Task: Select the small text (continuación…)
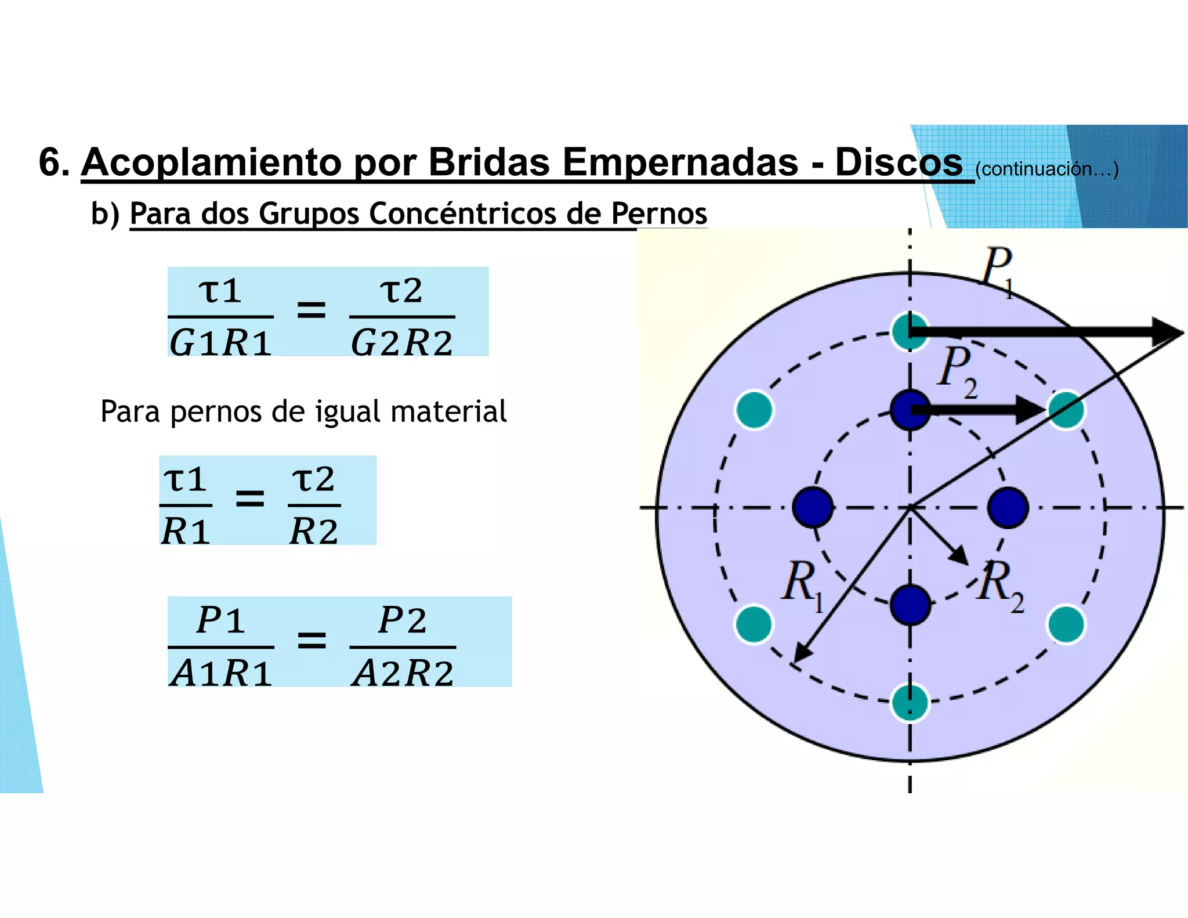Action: (x=1046, y=169)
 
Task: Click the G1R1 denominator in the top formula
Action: (x=220, y=342)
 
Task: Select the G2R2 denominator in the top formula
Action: (x=401, y=342)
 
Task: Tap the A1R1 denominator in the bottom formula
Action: (x=221, y=673)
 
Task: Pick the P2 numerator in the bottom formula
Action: (x=403, y=620)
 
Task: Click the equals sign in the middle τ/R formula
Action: (x=250, y=498)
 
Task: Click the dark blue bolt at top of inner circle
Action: (x=910, y=410)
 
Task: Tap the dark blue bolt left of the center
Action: (x=813, y=507)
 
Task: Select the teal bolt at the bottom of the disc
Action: (x=910, y=702)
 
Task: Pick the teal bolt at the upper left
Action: (x=754, y=410)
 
